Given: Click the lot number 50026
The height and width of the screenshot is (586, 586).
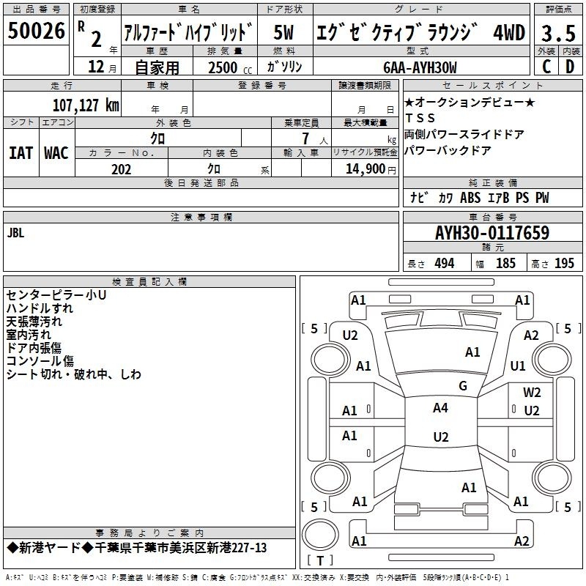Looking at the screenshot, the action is pyautogui.click(x=36, y=31).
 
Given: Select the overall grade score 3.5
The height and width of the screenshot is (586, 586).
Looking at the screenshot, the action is pyautogui.click(x=558, y=33).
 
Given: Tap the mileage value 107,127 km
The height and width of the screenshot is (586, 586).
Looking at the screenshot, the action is pyautogui.click(x=86, y=105).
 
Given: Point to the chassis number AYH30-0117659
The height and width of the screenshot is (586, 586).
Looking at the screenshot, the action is pyautogui.click(x=492, y=233).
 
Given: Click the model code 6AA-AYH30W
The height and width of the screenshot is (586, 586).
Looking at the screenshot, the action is pyautogui.click(x=420, y=67).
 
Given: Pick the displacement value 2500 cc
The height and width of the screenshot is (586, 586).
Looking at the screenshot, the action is pyautogui.click(x=230, y=67).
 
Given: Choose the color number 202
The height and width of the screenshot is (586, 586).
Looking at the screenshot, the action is pyautogui.click(x=121, y=169).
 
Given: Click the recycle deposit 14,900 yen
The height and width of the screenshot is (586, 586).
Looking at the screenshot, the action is pyautogui.click(x=371, y=169).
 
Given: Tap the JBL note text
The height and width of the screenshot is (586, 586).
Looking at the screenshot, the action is pyautogui.click(x=15, y=233).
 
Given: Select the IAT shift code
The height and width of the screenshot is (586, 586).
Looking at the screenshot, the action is pyautogui.click(x=21, y=153).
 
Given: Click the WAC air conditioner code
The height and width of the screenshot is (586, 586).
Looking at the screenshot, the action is pyautogui.click(x=56, y=153).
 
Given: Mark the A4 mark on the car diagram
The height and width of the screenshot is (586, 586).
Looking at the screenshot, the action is pyautogui.click(x=440, y=408).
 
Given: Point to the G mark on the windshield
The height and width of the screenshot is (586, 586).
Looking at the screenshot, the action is pyautogui.click(x=463, y=385).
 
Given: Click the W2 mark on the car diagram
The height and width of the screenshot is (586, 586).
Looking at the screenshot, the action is pyautogui.click(x=532, y=392).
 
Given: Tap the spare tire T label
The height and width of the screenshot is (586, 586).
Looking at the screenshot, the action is pyautogui.click(x=320, y=560).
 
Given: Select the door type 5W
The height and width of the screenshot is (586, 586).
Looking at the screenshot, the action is pyautogui.click(x=283, y=32).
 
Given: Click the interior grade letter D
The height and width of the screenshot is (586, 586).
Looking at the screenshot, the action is pyautogui.click(x=570, y=67).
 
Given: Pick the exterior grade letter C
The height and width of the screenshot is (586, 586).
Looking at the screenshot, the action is pyautogui.click(x=546, y=67).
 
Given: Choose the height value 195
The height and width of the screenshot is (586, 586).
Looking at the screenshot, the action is pyautogui.click(x=564, y=264).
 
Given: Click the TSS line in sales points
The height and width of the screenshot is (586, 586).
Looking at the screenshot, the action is pyautogui.click(x=420, y=118).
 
